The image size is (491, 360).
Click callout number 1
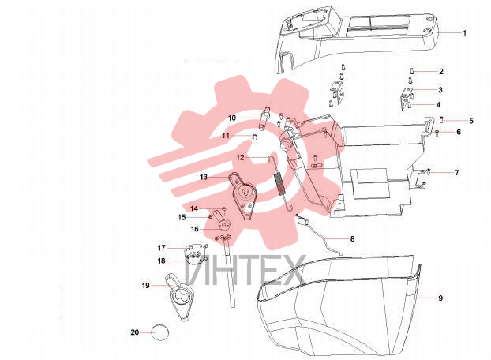pyautogui.click(x=464, y=33)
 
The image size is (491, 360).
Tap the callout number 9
pyautogui.click(x=440, y=298)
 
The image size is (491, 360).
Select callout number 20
pyautogui.click(x=135, y=332)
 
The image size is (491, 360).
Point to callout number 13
pyautogui.click(x=204, y=177)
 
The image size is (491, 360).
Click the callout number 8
pyautogui.click(x=352, y=239)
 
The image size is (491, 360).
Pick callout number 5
pyautogui.click(x=471, y=121)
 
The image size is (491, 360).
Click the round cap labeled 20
pyautogui.click(x=159, y=332)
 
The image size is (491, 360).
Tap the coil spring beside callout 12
pyautogui.click(x=279, y=184)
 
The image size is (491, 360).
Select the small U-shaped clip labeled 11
pyautogui.click(x=255, y=137)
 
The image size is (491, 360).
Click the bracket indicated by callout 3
pyautogui.click(x=406, y=98)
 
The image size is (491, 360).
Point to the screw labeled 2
pyautogui.click(x=412, y=71)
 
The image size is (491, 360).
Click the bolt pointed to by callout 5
pyautogui.click(x=442, y=119)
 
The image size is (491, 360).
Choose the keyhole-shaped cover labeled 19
pyautogui.click(x=179, y=296)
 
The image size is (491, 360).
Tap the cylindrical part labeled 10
pyautogui.click(x=264, y=118)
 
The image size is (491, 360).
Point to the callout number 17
pyautogui.click(x=162, y=248)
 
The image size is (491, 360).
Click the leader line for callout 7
pyautogui.click(x=442, y=172)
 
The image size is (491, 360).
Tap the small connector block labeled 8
pyautogui.click(x=302, y=221)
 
